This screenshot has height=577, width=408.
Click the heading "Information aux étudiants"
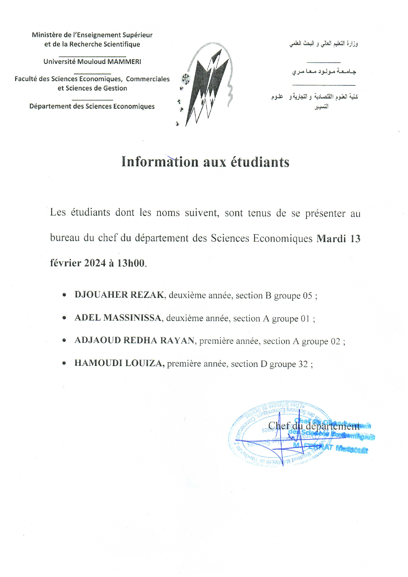coord(205,162)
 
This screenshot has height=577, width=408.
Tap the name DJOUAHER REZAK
coord(119,295)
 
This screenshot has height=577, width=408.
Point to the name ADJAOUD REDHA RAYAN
coord(135,340)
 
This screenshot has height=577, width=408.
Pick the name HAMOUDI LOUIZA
coord(119,363)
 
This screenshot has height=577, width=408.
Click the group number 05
coord(307,296)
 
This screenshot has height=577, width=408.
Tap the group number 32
coord(303,364)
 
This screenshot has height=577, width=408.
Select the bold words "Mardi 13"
coord(338,238)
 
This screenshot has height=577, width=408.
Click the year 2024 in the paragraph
coord(95,263)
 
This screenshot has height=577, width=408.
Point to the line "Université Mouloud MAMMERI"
coord(92,61)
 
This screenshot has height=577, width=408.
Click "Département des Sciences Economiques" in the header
coord(92,106)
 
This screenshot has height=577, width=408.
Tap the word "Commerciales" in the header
coord(148,79)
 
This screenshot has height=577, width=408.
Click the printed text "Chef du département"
coord(314,426)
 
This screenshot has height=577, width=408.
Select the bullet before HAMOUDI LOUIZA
coord(64,363)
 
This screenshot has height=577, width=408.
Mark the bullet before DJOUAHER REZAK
coord(64,295)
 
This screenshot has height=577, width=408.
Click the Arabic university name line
coord(324,72)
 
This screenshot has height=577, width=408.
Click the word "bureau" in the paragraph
coord(65,237)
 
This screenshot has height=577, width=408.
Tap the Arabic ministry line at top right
coord(324,44)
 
